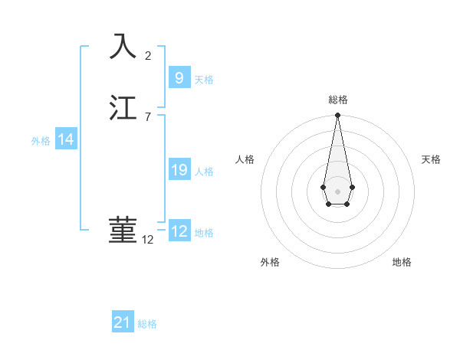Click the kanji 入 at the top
123,47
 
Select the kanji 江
123,108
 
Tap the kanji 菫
123,231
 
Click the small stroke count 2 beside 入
148,56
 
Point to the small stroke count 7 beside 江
148,117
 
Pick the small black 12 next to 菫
148,240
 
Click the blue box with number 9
179,77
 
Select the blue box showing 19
179,170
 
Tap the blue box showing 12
179,231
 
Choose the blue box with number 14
66,139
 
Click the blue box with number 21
123,322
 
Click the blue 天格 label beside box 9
204,80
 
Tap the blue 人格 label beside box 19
204,172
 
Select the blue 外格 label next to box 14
41,141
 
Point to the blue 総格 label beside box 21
147,324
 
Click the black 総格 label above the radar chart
338,100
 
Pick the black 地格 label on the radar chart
402,262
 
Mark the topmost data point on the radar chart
337,116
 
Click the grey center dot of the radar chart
337,190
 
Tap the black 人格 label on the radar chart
245,159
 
